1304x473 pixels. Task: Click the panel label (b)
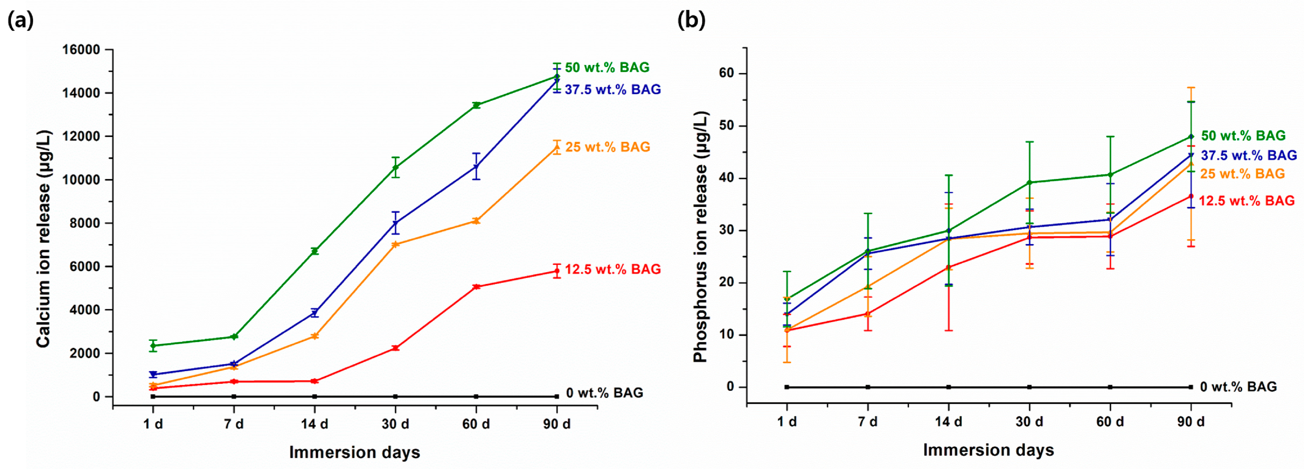click(691, 21)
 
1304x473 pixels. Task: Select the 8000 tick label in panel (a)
click(84, 223)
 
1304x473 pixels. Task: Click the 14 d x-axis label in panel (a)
click(315, 424)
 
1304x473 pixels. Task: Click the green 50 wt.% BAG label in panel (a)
click(607, 67)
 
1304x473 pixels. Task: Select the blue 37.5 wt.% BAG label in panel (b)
click(1249, 155)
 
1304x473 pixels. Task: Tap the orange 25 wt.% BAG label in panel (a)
click(607, 147)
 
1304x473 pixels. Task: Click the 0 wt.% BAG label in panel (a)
click(605, 393)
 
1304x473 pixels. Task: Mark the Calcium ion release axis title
click(44, 239)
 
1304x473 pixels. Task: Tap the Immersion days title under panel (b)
click(988, 450)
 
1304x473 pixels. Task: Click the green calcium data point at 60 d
click(476, 105)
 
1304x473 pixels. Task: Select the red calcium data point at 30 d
click(395, 348)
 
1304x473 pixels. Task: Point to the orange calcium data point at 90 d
click(557, 147)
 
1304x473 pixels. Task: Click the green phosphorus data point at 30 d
click(1029, 183)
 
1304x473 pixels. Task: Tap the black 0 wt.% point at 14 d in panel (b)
click(948, 387)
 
